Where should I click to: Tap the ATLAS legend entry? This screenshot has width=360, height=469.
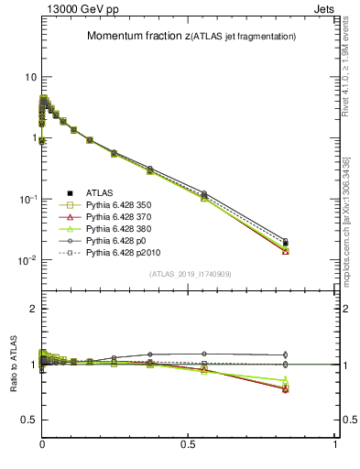click(x=101, y=193)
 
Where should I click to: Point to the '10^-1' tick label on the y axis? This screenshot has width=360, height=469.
click(x=26, y=199)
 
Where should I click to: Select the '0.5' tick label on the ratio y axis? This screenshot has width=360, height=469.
click(x=28, y=420)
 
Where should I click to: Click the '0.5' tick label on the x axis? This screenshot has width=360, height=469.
click(x=189, y=444)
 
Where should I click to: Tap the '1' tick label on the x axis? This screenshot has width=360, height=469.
click(x=335, y=444)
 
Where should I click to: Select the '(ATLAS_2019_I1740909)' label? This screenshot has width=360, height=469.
click(x=189, y=274)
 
